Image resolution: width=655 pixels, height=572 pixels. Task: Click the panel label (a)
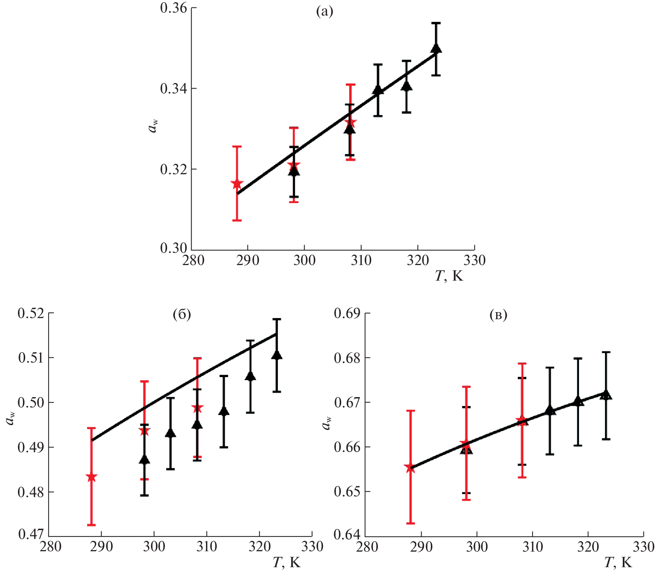324,12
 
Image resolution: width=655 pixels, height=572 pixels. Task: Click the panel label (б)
182,314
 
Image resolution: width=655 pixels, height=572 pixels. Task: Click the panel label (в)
498,315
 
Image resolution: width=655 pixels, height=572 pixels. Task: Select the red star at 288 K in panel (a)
237,184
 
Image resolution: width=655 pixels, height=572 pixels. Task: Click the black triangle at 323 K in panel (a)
436,49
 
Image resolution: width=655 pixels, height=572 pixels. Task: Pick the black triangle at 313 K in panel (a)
378,90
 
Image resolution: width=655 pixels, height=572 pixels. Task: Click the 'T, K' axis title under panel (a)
449,276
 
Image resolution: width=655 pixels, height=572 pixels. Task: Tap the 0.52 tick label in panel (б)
31,313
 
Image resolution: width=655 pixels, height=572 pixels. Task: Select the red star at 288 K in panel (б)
91,477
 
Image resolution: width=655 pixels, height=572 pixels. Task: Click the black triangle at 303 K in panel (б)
170,433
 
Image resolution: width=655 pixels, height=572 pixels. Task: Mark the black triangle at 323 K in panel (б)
277,355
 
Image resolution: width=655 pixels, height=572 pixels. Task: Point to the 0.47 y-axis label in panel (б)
31,534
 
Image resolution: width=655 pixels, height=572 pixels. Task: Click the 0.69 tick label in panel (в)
347,313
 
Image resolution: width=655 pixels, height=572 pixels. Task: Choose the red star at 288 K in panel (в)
410,468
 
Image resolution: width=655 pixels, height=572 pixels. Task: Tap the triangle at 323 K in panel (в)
606,395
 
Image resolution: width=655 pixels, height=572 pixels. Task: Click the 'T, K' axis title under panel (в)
618,563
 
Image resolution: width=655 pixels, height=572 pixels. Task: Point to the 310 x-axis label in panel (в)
532,547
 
